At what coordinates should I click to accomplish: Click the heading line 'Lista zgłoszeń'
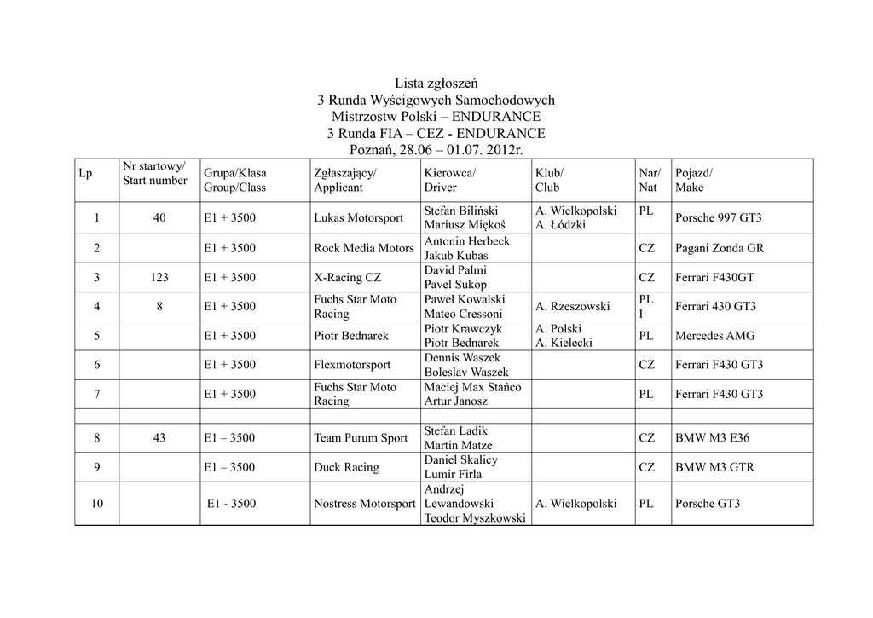pos(436,84)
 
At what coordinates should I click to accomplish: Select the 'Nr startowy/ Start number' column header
pos(154,173)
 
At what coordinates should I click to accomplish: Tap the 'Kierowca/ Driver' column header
pos(450,181)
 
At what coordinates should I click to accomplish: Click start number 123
pos(159,277)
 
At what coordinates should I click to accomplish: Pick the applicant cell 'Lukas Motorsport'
pos(358,218)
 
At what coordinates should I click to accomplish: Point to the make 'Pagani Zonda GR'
pos(720,248)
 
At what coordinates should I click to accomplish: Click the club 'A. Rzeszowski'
pos(573,307)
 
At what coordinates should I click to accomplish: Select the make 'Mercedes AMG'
pos(714,336)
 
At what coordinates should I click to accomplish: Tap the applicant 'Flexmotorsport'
pos(352,365)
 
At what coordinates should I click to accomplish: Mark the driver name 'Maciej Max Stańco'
pos(472,387)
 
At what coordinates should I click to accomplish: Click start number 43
pos(159,438)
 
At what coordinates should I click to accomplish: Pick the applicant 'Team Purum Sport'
pos(361,438)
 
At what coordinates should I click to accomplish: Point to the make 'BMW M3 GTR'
pos(714,467)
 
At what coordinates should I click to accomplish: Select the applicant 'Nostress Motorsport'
pos(364,504)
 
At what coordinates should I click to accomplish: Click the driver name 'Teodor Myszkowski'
pos(474,518)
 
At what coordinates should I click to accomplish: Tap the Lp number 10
pos(96,504)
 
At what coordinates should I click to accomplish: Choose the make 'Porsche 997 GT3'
pos(718,218)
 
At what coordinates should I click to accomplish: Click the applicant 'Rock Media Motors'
pos(363,248)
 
